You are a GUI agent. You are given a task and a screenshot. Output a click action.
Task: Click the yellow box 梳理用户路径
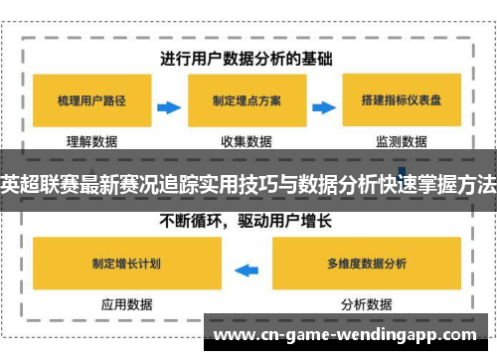point(92,101)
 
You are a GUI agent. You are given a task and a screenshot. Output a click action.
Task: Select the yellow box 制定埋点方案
point(246,101)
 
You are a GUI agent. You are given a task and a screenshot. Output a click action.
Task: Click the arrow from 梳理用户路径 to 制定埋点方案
point(169,102)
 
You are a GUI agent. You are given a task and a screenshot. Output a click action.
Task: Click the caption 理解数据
point(92,141)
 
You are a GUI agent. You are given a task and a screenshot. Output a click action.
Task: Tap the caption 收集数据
point(246,141)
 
